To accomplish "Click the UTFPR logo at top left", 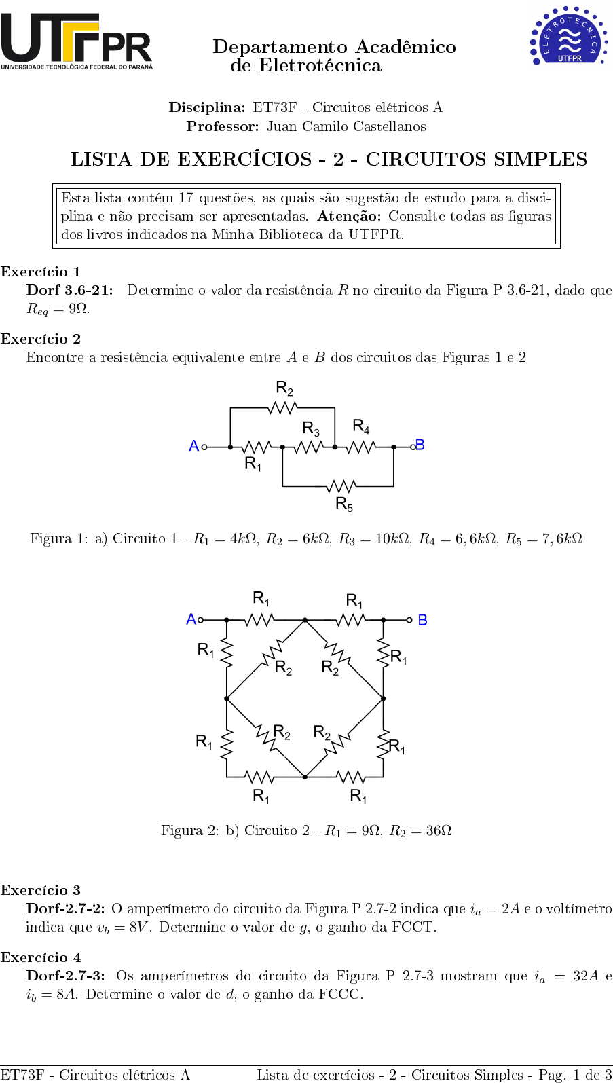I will (x=76, y=41).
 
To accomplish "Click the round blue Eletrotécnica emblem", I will (x=568, y=36).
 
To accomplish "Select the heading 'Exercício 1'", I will (x=41, y=272).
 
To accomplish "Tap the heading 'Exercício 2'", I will (x=41, y=339).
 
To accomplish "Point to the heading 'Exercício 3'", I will (x=41, y=890).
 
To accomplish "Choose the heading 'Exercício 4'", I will (x=41, y=957).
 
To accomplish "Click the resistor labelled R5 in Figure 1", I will (x=340, y=486).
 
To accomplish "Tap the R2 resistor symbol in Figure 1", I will (x=282, y=407).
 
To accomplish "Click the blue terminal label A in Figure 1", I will (x=193, y=446).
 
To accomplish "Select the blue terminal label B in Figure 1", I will (x=420, y=445).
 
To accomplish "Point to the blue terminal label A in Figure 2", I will (x=191, y=619).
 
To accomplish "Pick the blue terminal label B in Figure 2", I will (x=422, y=620).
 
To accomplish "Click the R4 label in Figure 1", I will (x=361, y=426).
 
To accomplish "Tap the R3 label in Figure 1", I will (x=311, y=429).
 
